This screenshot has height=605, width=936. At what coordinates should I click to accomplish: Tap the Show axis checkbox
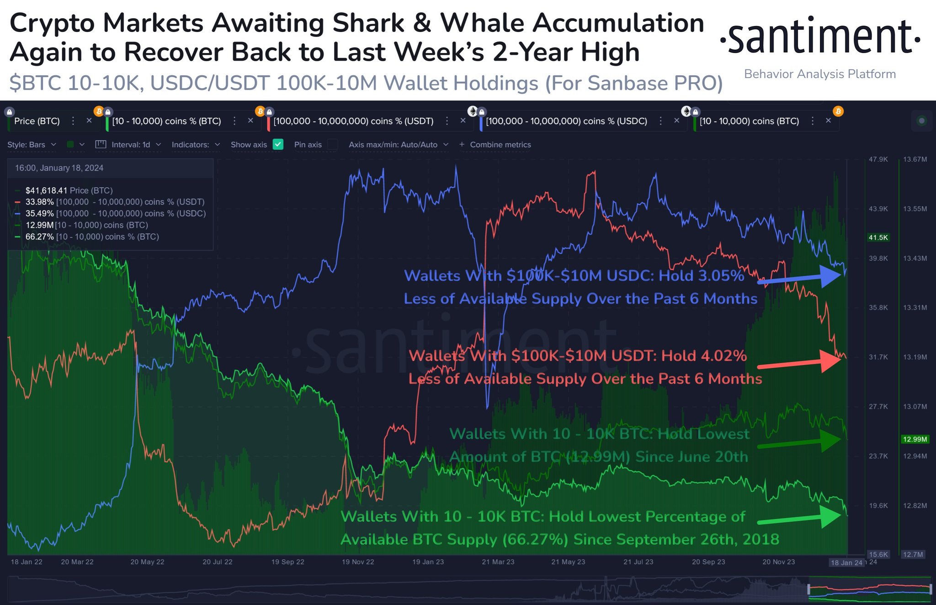coord(278,144)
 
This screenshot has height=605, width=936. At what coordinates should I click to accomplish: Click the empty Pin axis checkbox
coord(333,144)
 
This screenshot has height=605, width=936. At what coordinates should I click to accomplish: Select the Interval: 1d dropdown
coord(128,144)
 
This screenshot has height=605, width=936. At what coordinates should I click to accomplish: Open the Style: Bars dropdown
coord(32,144)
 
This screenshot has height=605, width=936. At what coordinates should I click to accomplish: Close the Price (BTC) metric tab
coord(89,121)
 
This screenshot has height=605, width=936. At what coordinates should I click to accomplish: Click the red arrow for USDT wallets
coord(799,363)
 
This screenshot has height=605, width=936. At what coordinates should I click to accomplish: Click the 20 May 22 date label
coord(147,562)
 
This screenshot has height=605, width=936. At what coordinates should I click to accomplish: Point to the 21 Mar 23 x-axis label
coord(498,562)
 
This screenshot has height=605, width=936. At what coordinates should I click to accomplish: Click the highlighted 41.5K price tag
coord(878,237)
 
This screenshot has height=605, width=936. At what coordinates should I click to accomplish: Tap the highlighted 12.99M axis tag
coord(915,439)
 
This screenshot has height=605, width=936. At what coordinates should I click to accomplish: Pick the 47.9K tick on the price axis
coord(878,159)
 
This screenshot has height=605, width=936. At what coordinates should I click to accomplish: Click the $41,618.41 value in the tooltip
coord(46,190)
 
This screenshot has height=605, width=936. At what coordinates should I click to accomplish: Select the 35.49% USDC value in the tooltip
coord(39,213)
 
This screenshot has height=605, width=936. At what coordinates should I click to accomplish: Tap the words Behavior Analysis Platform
coord(820,74)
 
